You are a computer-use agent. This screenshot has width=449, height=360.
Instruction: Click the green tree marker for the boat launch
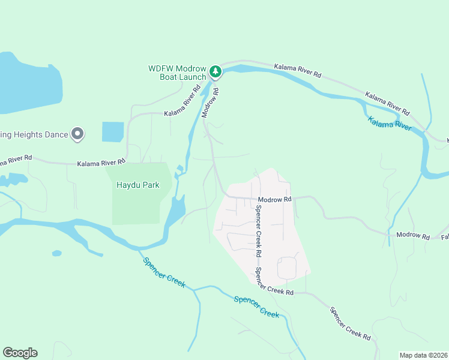tap(215, 72)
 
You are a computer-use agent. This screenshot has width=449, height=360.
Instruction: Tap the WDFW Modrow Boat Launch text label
tap(178, 73)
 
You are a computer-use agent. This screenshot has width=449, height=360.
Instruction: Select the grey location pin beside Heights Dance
tap(77, 134)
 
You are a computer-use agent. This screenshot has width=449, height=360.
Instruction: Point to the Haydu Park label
tap(137, 185)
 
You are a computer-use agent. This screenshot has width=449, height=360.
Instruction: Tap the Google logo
tap(20, 352)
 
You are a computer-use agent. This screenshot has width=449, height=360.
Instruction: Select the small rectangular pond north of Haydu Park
tap(113, 132)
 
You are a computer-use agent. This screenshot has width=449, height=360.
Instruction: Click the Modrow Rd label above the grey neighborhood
tap(274, 199)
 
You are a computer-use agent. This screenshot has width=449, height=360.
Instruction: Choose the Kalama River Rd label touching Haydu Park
tap(101, 163)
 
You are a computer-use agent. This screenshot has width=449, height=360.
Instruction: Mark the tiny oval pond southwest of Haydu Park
tap(56, 253)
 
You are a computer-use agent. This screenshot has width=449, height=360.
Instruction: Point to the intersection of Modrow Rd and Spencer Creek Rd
tap(255, 199)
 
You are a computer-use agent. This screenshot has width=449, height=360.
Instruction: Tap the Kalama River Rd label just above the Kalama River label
tap(387, 104)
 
